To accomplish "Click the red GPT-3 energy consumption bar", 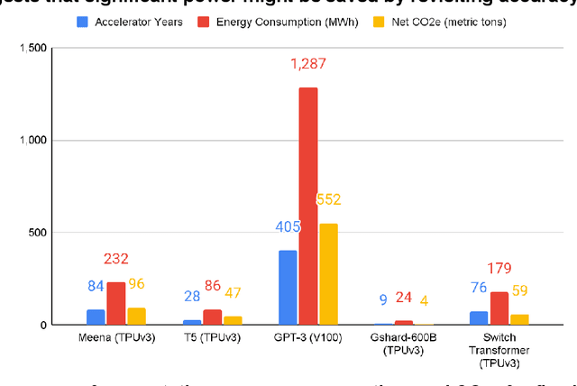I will click(x=308, y=206).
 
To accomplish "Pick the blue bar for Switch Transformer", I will click(x=479, y=317).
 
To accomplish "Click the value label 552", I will click(x=328, y=200).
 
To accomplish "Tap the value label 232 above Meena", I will click(x=116, y=260).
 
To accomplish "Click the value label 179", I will click(x=499, y=268).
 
